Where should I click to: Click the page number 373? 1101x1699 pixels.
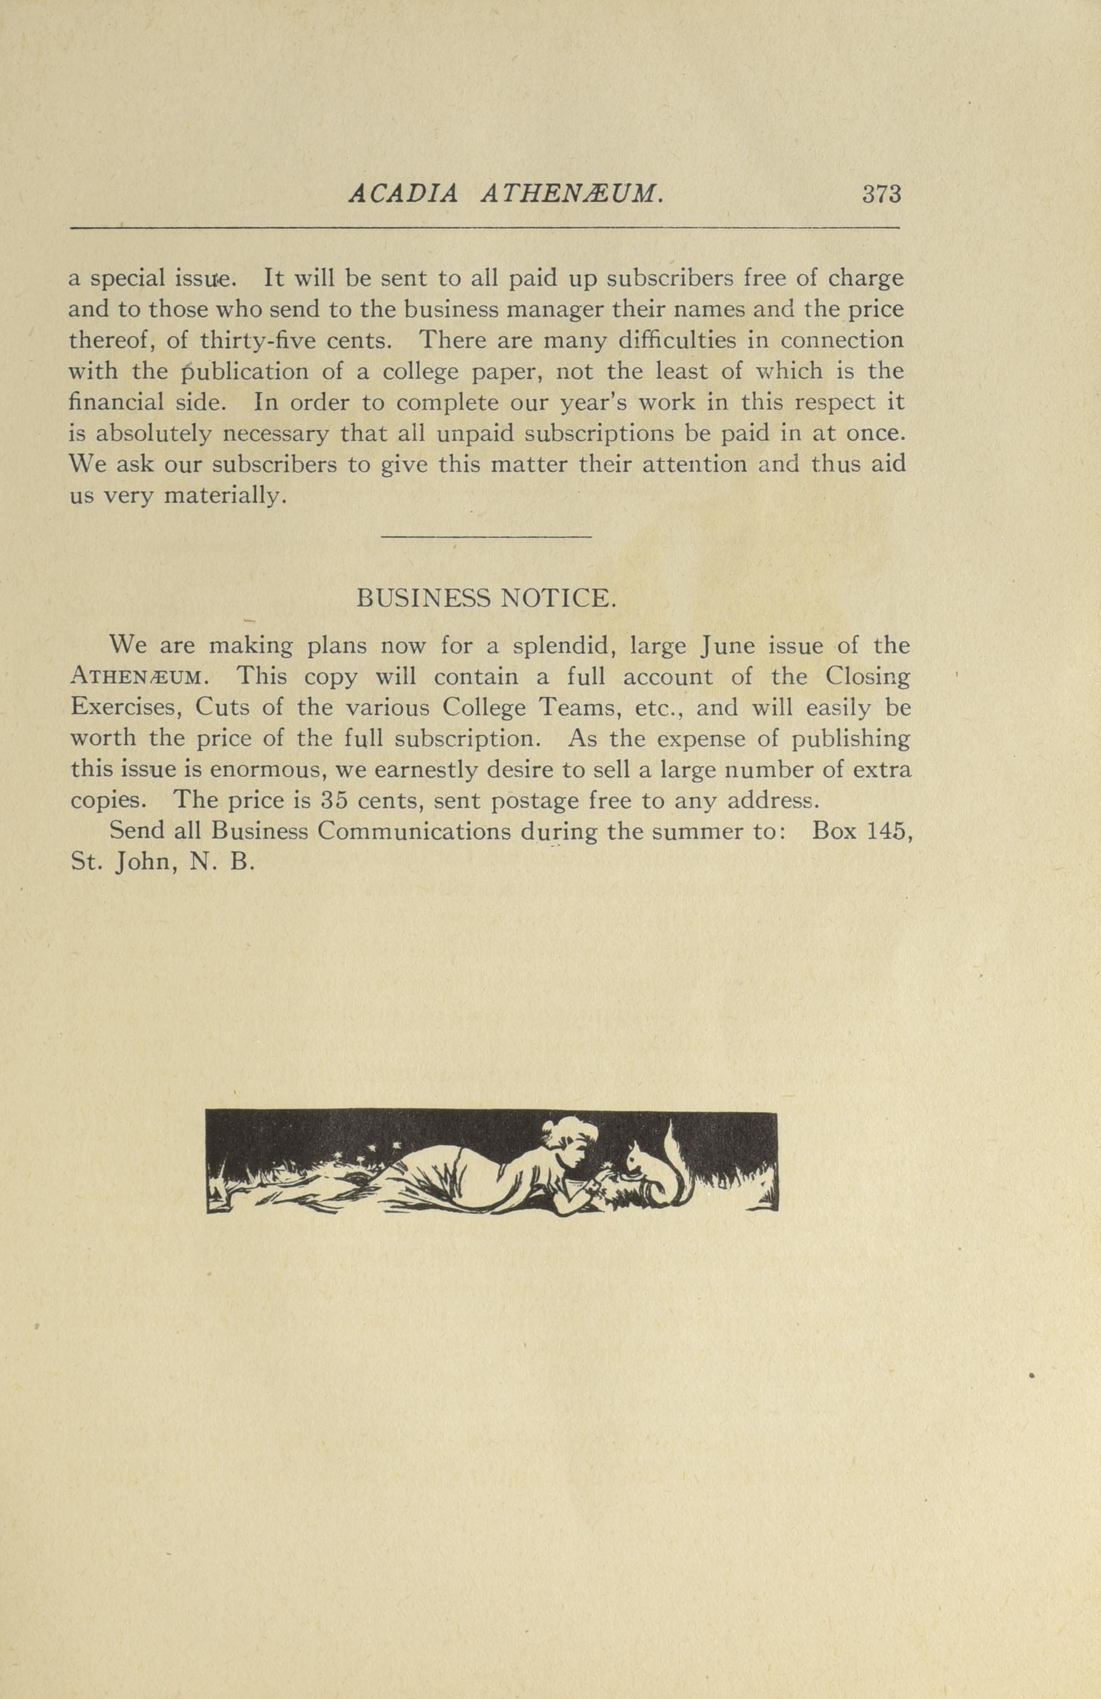882,194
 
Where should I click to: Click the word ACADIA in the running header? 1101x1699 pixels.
403,194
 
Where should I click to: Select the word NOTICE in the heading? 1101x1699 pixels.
558,598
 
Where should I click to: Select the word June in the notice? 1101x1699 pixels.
725,646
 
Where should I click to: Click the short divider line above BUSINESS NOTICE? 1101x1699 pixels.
487,537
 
